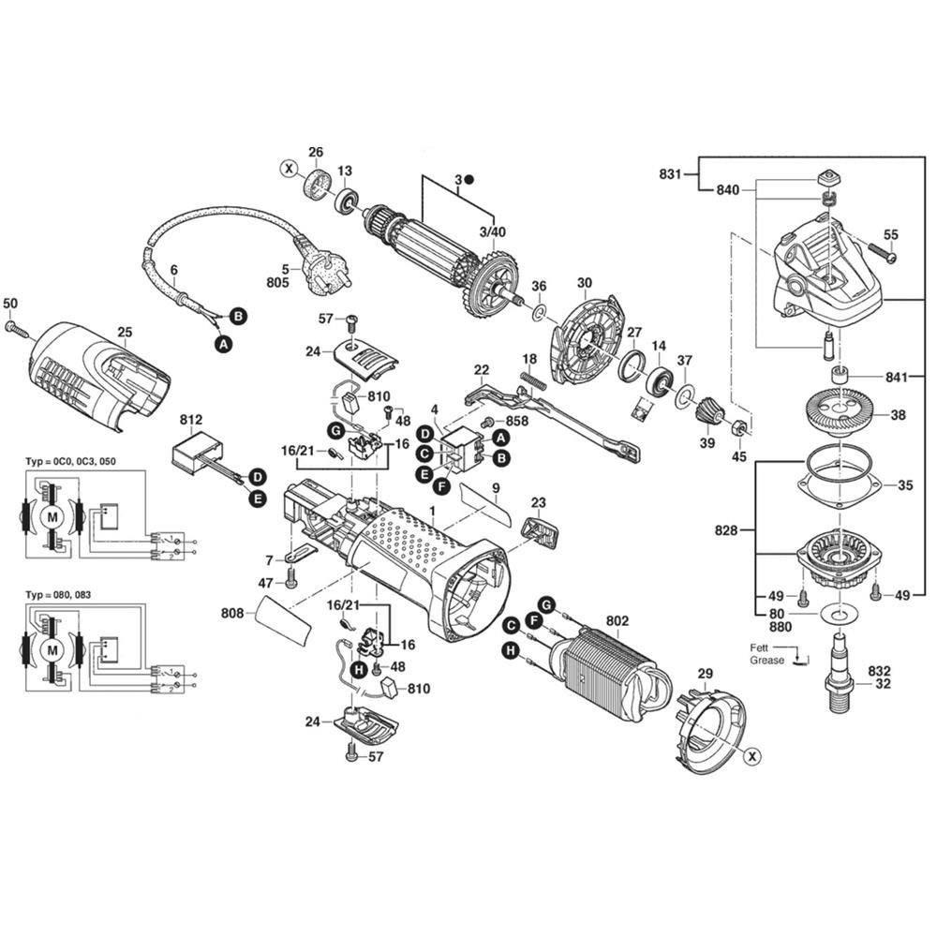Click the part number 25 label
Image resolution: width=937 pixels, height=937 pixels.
coord(125,332)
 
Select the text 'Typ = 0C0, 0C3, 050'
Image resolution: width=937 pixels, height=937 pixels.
coord(71,463)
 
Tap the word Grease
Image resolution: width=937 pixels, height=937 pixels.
coord(766,661)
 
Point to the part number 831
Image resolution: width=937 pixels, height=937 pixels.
coord(669,173)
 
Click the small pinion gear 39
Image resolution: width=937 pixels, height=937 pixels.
coord(709,409)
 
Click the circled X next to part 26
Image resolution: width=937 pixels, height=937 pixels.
coord(289,170)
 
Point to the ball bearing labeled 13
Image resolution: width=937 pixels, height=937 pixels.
coord(346,199)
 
